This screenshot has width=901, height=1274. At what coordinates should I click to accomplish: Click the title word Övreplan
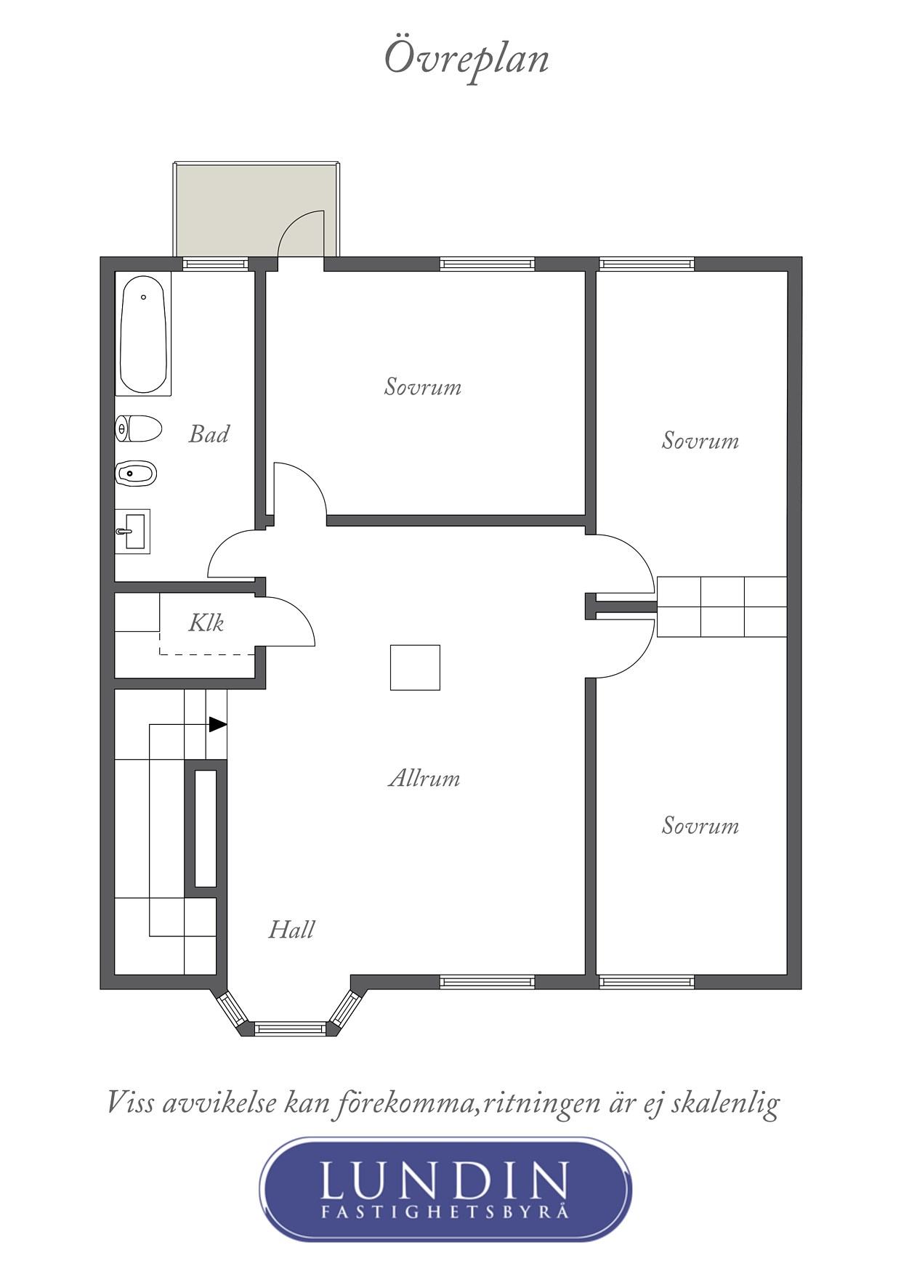coord(466,59)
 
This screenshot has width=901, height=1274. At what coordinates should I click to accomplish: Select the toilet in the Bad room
coord(138,429)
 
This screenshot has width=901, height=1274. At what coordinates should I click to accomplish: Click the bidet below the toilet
coord(137,474)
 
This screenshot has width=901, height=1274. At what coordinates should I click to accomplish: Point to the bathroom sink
coord(133,532)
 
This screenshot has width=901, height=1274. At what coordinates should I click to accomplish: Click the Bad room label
coord(209,434)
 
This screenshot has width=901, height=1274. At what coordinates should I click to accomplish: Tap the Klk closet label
coord(206,622)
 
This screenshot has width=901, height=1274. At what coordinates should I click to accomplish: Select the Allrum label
coord(424,778)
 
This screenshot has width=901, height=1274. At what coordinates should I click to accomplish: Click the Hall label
coord(291,929)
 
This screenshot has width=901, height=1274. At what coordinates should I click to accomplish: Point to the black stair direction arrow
coord(218,724)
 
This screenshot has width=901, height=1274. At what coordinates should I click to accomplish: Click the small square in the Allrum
coord(415,668)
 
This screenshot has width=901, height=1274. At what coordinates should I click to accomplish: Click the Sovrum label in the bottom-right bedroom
coord(700,825)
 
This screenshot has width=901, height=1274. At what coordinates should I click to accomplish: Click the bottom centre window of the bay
coord(290,1028)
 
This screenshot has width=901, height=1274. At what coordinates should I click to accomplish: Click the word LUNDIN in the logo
coord(444,1180)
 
